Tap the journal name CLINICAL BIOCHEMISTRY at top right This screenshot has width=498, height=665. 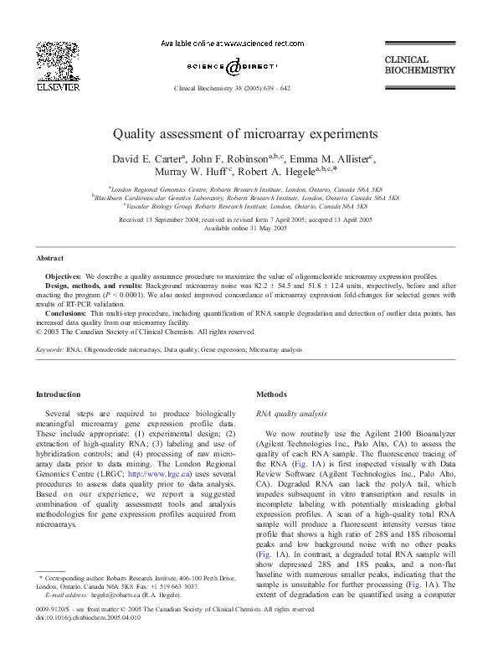[418, 65]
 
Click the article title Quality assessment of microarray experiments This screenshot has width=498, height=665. [249, 133]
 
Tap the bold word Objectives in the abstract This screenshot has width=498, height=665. [63, 276]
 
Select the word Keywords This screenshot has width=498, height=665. [49, 349]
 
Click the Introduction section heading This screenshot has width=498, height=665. [59, 394]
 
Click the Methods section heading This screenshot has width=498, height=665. [270, 394]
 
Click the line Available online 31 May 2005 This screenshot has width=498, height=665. [249, 228]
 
